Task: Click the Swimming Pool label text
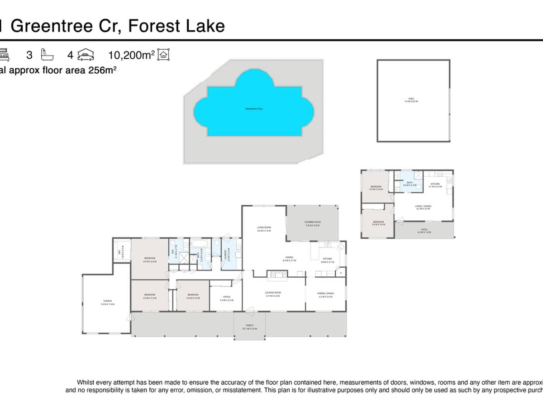click(x=254, y=109)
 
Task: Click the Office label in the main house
click(x=227, y=298)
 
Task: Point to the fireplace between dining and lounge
click(x=276, y=274)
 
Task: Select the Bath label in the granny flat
click(x=410, y=183)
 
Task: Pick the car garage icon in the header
click(x=86, y=55)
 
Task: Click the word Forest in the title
click(x=153, y=26)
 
